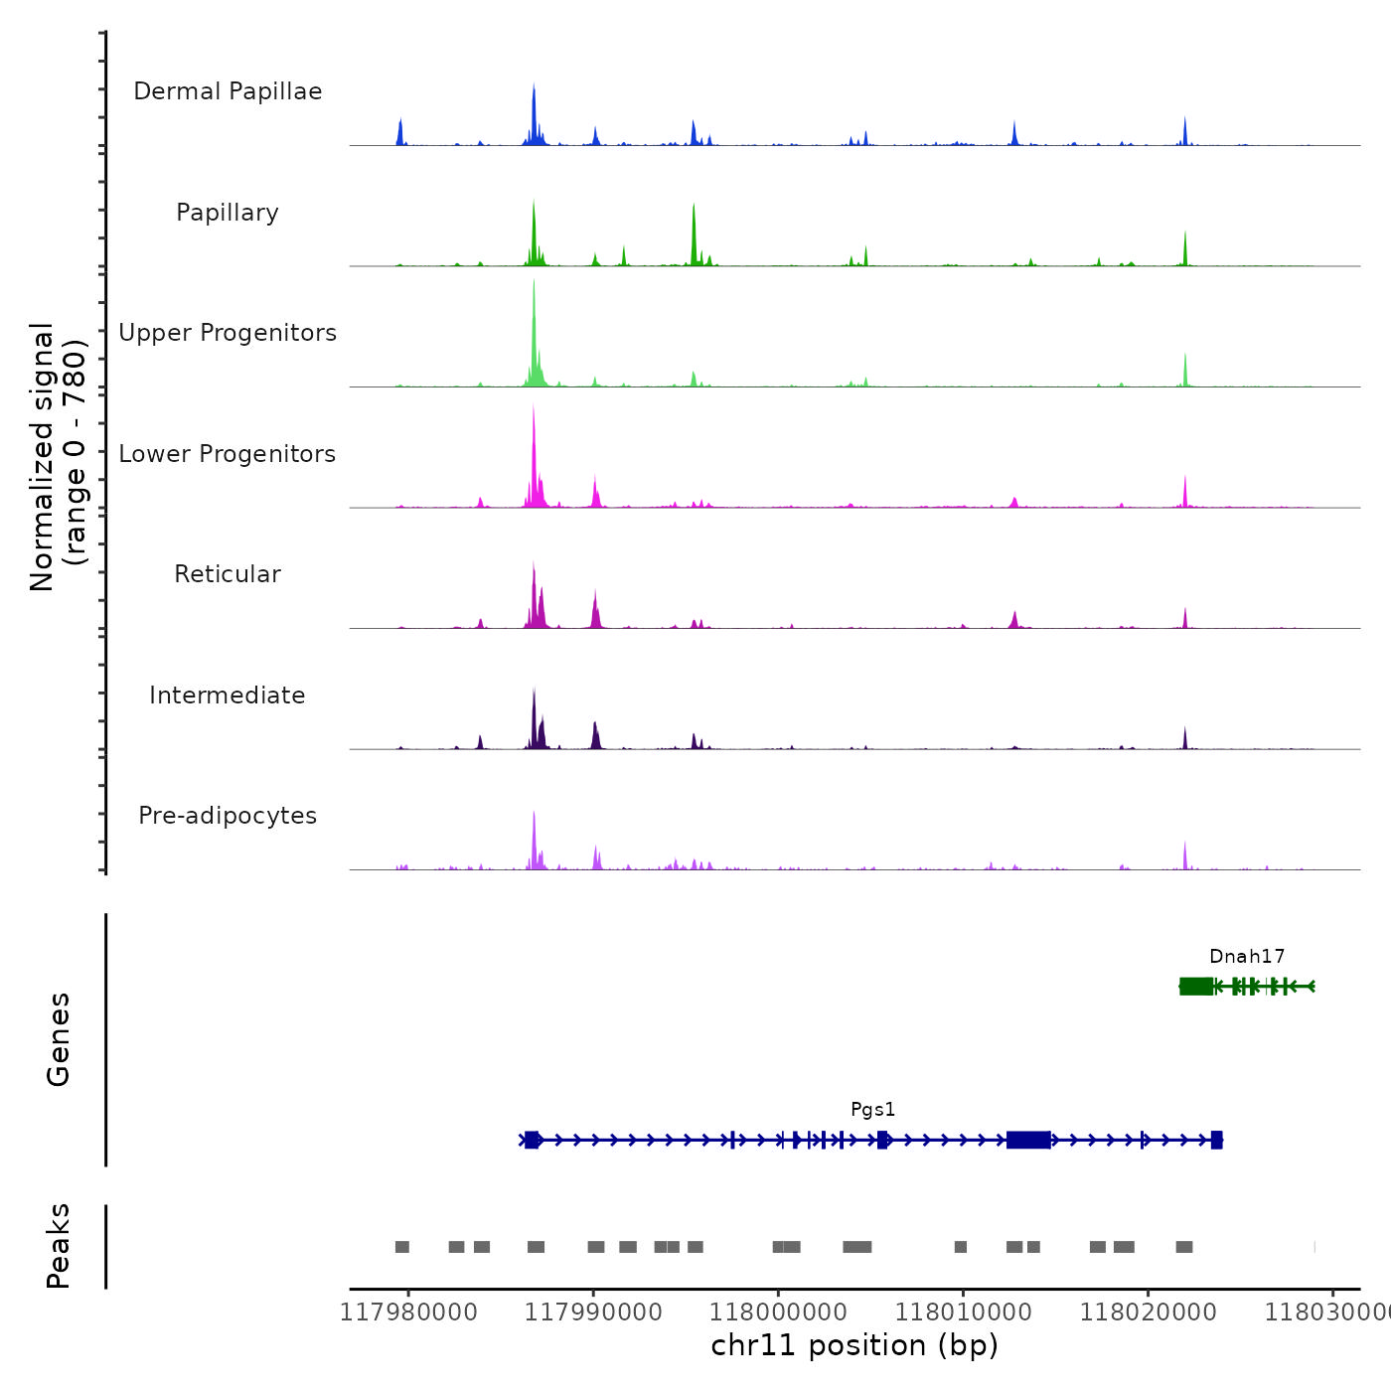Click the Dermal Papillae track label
pyautogui.click(x=228, y=91)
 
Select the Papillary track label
pyautogui.click(x=228, y=213)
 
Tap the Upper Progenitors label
pyautogui.click(x=228, y=333)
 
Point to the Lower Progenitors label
pyautogui.click(x=228, y=454)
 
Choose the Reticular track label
pyautogui.click(x=228, y=574)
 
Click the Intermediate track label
pyautogui.click(x=228, y=695)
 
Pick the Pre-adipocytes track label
pyautogui.click(x=228, y=816)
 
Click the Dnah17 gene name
pyautogui.click(x=1247, y=957)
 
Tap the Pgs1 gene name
pyautogui.click(x=872, y=1110)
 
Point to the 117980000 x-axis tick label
pyautogui.click(x=408, y=1313)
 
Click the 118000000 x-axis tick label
pyautogui.click(x=778, y=1313)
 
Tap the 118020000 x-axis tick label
pyautogui.click(x=1148, y=1313)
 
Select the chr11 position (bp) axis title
pyautogui.click(x=854, y=1345)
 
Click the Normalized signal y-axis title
pyautogui.click(x=58, y=457)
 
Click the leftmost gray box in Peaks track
pyautogui.click(x=402, y=1247)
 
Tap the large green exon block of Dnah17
pyautogui.click(x=1196, y=986)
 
